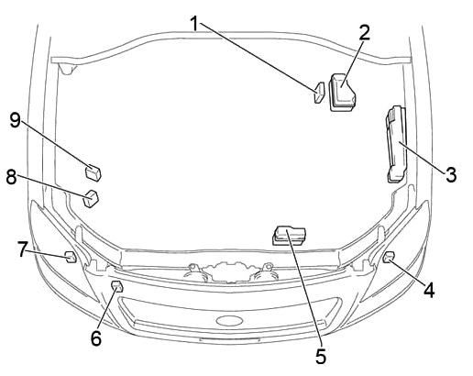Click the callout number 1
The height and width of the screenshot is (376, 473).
pos(195,23)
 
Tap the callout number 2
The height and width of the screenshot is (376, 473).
pos(364,32)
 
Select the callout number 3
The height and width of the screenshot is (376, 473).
pos(451,175)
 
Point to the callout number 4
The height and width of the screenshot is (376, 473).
pos(429,290)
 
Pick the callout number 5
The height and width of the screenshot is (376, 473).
pos(321,357)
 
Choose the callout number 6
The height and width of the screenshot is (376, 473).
pos(96,338)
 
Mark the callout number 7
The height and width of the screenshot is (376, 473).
pos(22,249)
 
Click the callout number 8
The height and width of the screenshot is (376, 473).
pos(11,177)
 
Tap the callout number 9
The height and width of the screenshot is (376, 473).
pos(15,120)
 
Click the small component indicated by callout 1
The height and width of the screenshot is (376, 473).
pos(319,93)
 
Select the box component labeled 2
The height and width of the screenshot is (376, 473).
pos(342,93)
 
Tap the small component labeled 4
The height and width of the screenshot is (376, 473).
pos(389,257)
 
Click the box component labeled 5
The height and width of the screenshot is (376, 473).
pos(289,236)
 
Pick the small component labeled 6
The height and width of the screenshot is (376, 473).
pos(117,286)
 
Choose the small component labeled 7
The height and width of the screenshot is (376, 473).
pos(71,257)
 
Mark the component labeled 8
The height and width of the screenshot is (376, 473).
pos(91,199)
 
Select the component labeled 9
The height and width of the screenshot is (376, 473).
pos(93,172)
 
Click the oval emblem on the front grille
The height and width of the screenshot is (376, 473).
pos(229,320)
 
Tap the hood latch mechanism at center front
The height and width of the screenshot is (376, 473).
pos(231,271)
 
